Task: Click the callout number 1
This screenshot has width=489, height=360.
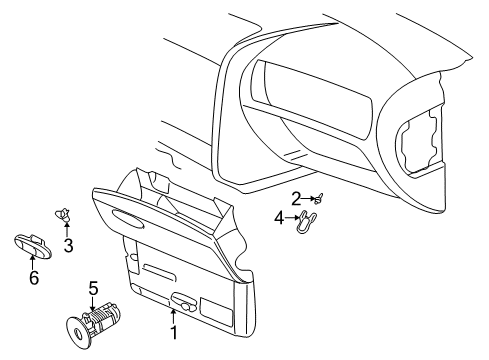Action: point(173,332)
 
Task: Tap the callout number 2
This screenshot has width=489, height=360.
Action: point(296,197)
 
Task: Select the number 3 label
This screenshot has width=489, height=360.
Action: point(68,245)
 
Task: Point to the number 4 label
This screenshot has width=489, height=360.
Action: point(278,216)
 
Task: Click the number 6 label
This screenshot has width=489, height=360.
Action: point(33,277)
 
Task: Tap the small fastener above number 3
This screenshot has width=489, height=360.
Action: point(64,213)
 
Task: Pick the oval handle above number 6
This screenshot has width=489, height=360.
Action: point(32,241)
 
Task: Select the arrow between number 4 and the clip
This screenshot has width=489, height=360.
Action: point(291,216)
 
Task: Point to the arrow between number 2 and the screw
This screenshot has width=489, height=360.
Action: point(306,198)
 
